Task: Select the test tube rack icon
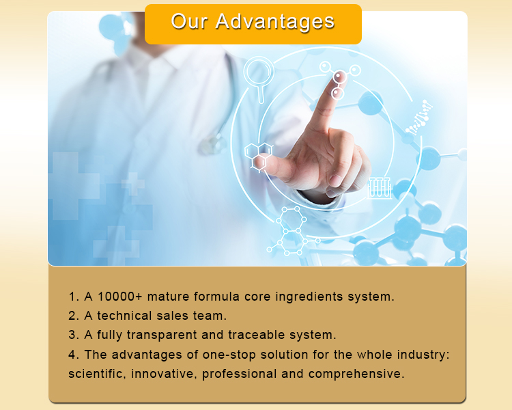[x=379, y=187]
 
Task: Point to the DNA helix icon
[x=419, y=117]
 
